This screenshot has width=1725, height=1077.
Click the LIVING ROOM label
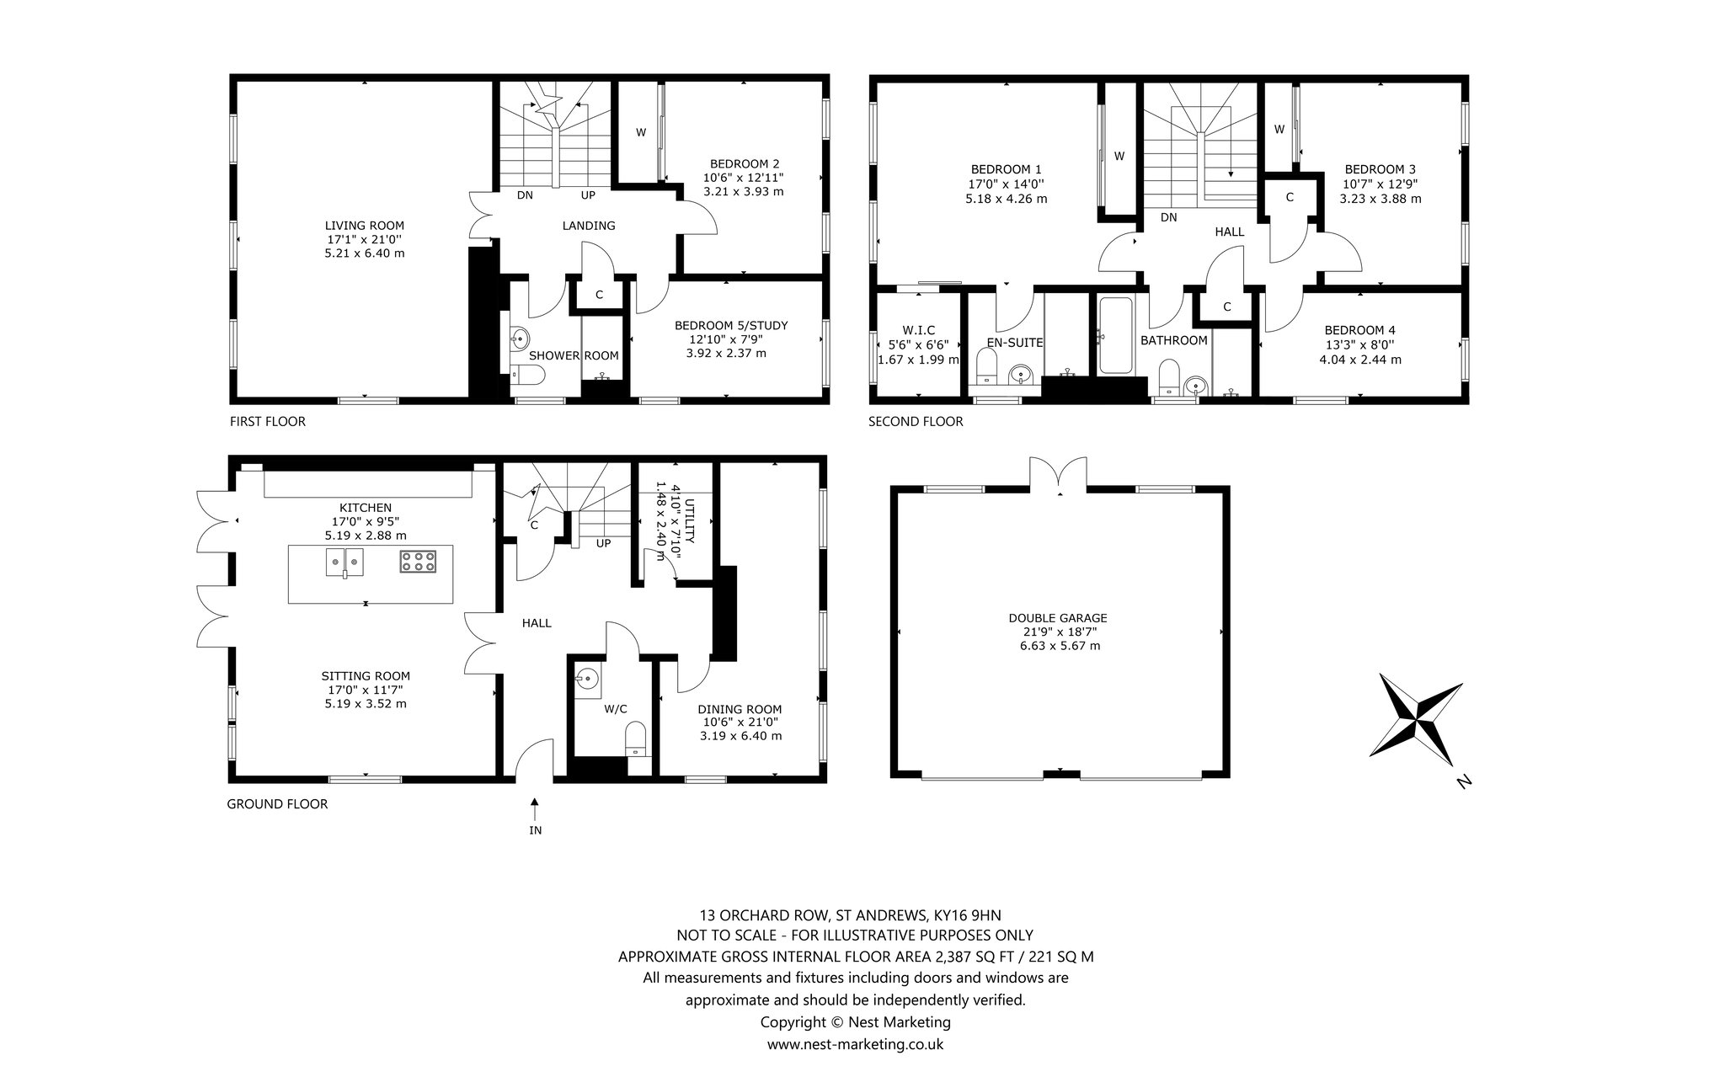click(365, 226)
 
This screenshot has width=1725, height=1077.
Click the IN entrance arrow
click(535, 808)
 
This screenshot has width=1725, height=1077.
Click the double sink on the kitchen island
click(344, 562)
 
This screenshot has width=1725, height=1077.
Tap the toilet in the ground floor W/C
click(637, 738)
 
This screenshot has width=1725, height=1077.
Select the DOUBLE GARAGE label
click(1058, 617)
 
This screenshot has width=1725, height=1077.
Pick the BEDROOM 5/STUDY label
click(731, 325)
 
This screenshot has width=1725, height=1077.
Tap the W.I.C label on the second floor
click(918, 329)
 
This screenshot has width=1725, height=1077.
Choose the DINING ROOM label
click(740, 709)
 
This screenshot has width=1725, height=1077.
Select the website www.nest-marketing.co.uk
click(855, 1044)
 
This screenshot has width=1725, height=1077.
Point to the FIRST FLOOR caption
click(268, 421)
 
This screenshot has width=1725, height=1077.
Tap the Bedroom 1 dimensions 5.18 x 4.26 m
click(1007, 199)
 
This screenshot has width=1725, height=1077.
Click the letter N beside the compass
click(1463, 782)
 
